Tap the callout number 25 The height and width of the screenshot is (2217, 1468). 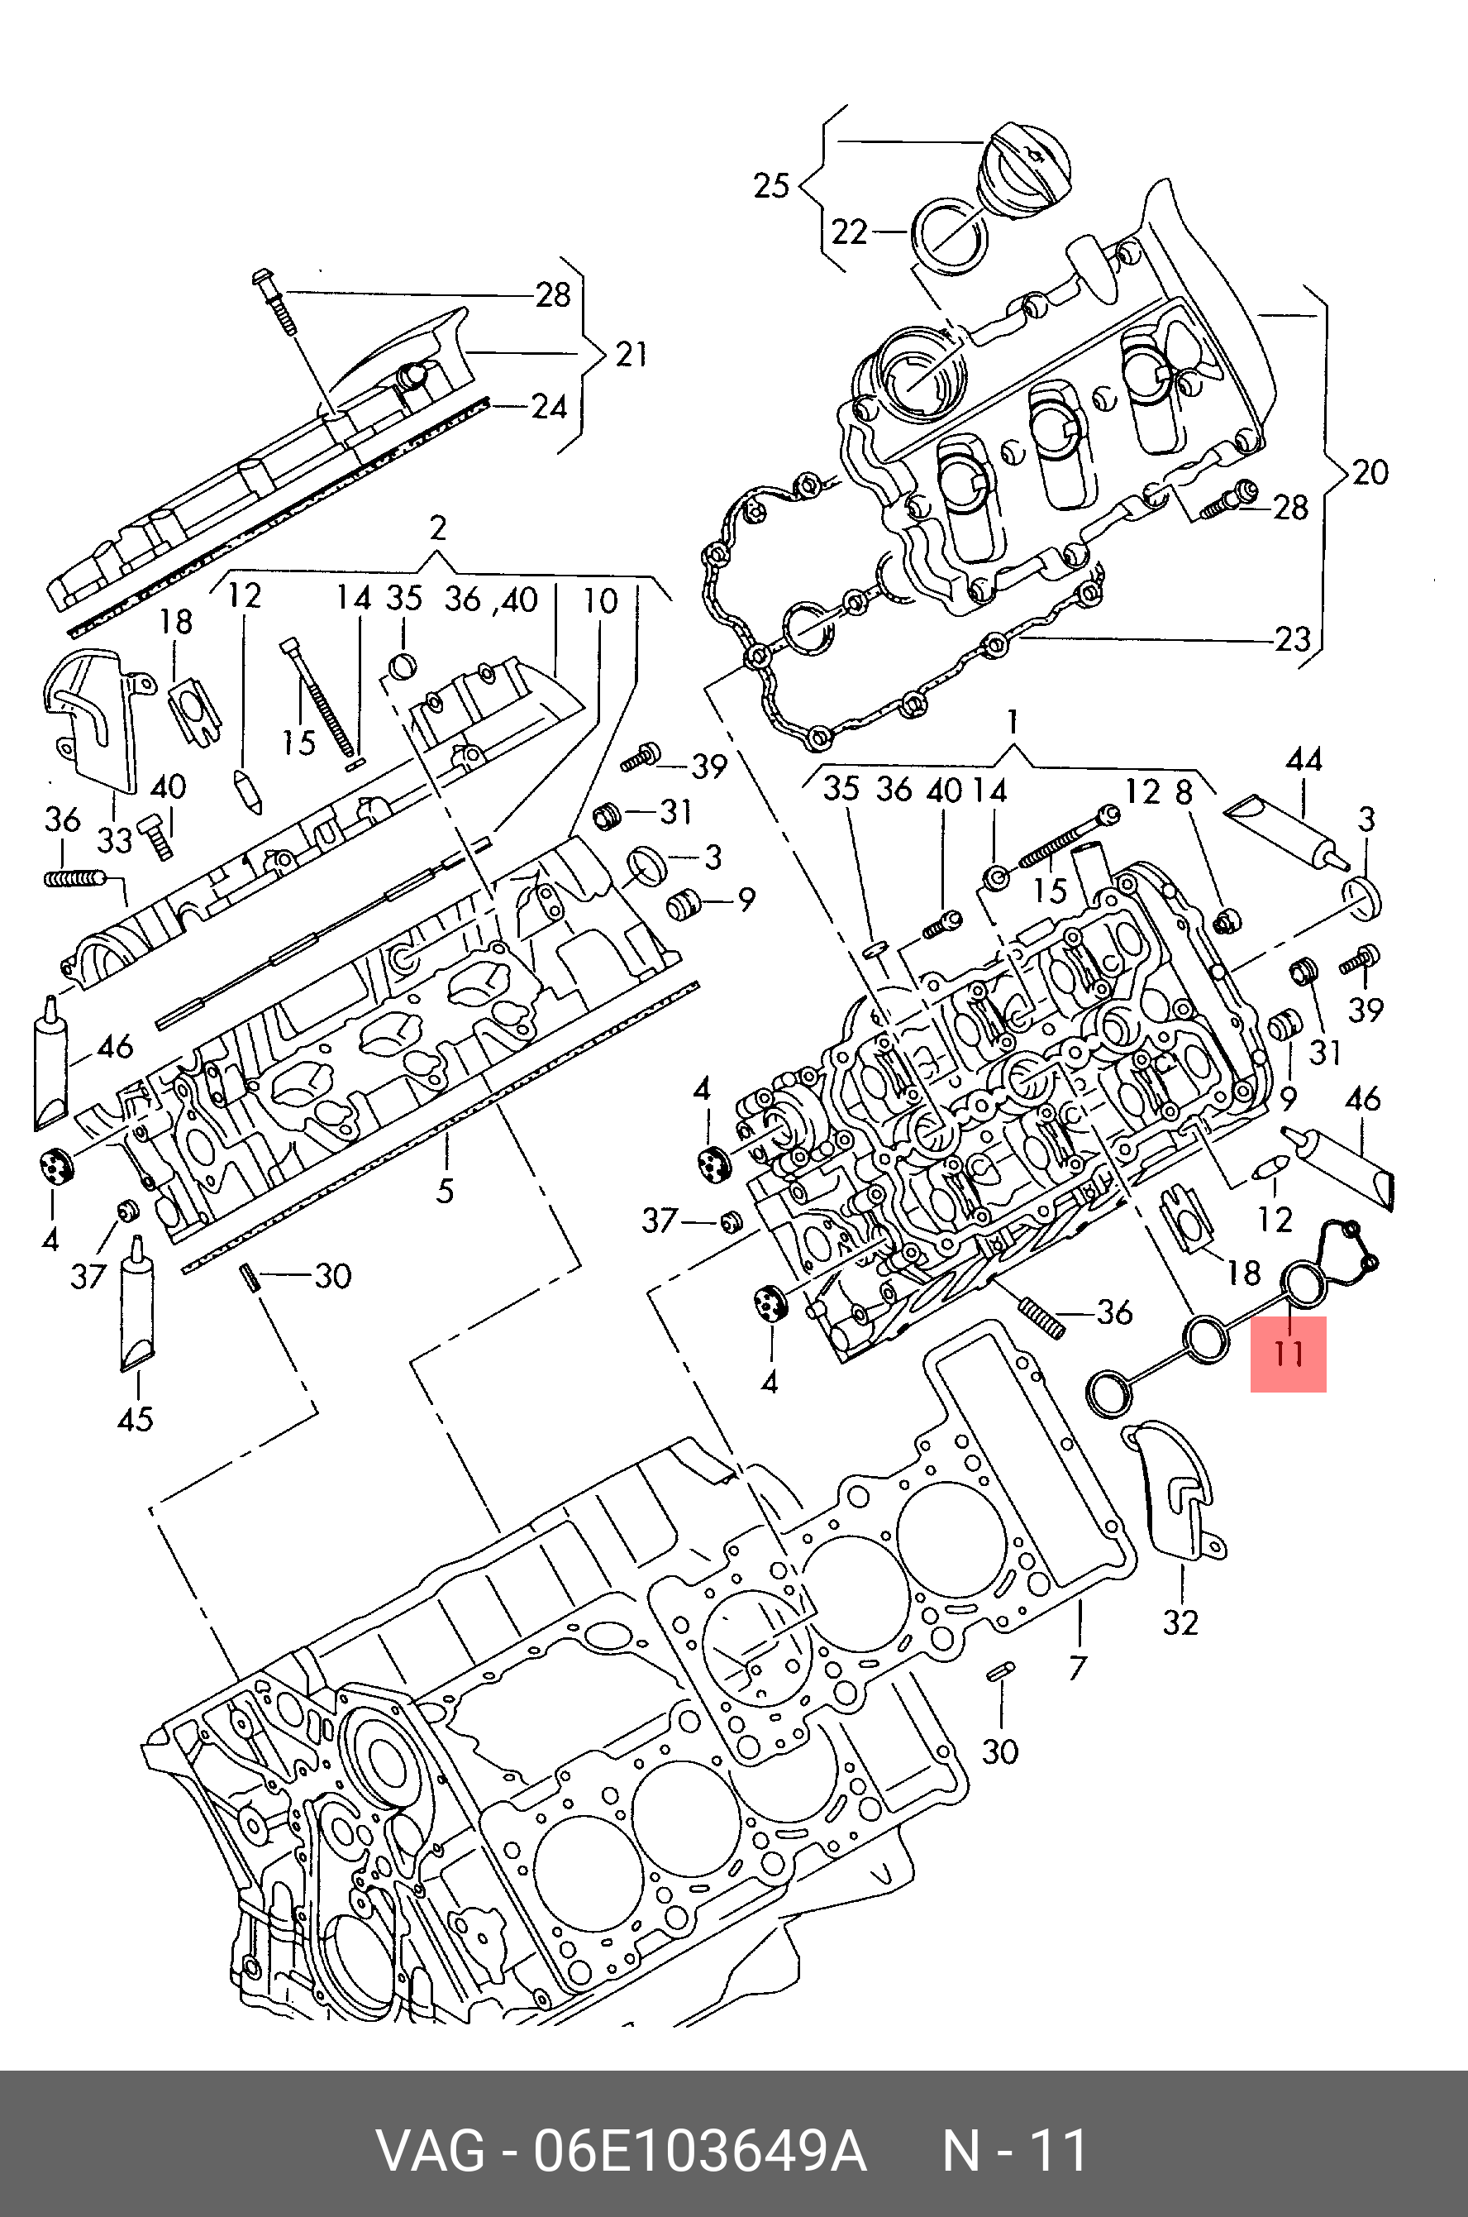[x=771, y=185]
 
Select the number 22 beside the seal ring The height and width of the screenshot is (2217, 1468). [x=849, y=232]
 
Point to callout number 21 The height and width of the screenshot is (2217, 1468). [x=631, y=354]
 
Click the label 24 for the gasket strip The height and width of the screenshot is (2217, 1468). [x=549, y=407]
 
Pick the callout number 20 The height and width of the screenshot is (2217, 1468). [x=1370, y=472]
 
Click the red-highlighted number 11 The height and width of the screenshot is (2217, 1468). [x=1289, y=1353]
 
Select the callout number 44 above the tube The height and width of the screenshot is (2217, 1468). [x=1304, y=758]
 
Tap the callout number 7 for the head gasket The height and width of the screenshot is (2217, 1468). [x=1078, y=1667]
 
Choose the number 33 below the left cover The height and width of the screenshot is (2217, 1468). [x=115, y=840]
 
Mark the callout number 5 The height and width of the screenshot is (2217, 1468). [x=445, y=1192]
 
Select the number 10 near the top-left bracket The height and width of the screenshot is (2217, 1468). [x=600, y=600]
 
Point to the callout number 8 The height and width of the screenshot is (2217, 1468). [x=1184, y=792]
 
